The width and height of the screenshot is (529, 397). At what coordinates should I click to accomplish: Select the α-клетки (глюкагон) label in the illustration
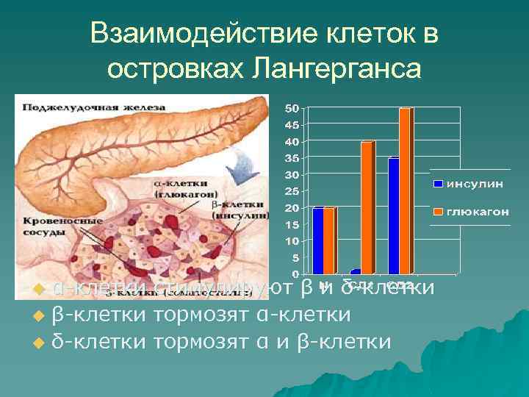[181, 188]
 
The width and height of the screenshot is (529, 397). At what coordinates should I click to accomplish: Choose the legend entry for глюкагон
[471, 212]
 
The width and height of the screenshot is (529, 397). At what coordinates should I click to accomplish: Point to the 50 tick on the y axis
[292, 109]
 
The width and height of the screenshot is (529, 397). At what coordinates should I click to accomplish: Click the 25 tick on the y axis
[292, 191]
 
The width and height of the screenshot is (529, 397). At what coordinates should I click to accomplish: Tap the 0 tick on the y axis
[294, 273]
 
